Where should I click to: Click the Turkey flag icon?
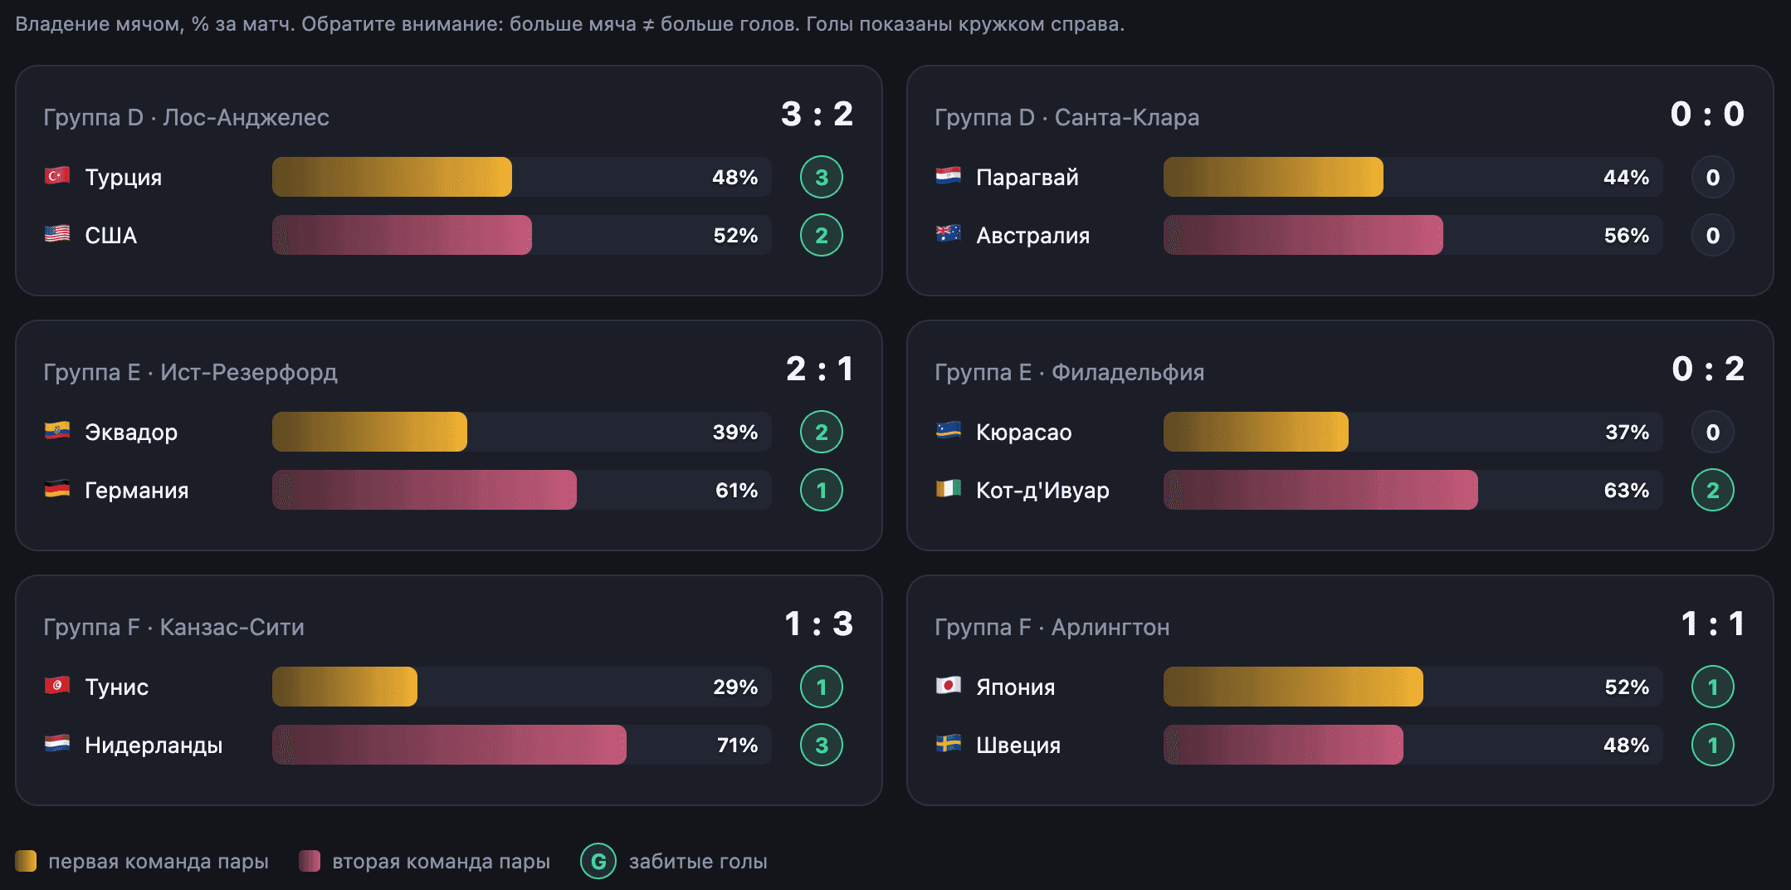56,176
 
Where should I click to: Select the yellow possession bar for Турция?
392,177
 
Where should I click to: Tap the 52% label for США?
735,236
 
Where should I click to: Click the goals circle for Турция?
822,177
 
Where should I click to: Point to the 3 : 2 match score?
817,114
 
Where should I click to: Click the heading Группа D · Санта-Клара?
1066,118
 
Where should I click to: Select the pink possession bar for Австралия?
1303,235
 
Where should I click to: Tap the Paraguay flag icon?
948,176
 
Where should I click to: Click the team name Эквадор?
131,433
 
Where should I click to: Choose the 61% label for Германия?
736,491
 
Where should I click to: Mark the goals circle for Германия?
822,490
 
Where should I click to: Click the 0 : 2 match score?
1708,369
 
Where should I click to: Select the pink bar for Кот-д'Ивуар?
1320,490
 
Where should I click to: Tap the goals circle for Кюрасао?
1713,432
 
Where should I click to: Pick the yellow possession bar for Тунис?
344,687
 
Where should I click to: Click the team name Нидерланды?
154,746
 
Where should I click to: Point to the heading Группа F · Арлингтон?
1052,628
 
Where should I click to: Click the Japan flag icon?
948,686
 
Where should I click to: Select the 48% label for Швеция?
1627,746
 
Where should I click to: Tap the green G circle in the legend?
598,862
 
